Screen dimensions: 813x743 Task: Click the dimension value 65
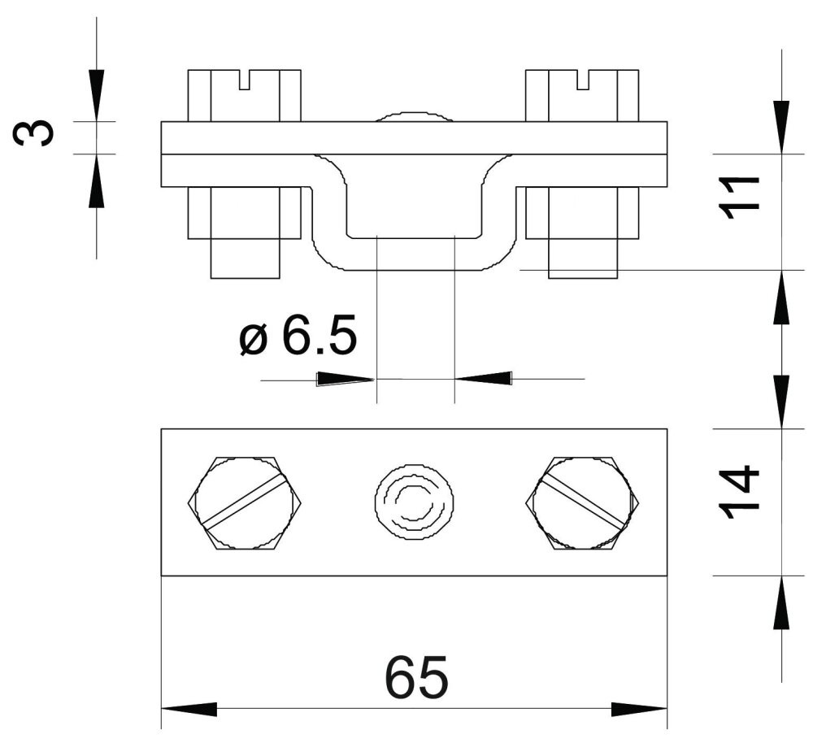coord(416,676)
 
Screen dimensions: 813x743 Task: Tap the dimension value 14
coord(739,492)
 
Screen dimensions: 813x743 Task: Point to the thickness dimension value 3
coord(33,133)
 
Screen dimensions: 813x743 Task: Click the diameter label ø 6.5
coord(298,334)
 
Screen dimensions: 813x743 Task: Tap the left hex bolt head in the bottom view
coord(245,503)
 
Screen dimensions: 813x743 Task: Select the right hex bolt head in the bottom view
coord(583,503)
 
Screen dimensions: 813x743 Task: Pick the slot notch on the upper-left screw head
coord(245,80)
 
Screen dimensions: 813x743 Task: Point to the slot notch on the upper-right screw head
coord(583,80)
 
